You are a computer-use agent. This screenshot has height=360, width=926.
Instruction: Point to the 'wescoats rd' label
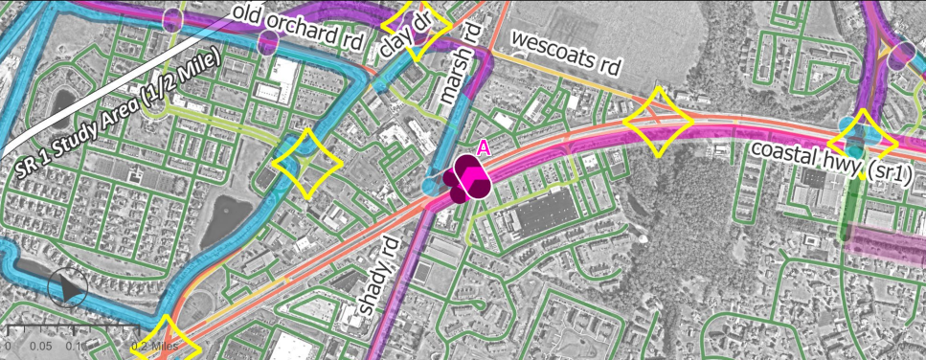pos(567,53)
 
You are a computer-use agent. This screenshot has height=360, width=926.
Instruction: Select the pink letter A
pos(484,147)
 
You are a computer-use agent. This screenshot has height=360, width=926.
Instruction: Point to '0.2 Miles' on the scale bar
pos(156,345)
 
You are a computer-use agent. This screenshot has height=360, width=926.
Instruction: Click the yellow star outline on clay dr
pos(417,31)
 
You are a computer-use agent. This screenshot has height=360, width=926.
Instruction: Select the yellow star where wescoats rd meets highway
pos(658,122)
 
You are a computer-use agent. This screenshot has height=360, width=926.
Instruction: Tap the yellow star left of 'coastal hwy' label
pos(860,144)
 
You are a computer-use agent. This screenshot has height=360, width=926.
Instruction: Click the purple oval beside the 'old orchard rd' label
pos(267,42)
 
